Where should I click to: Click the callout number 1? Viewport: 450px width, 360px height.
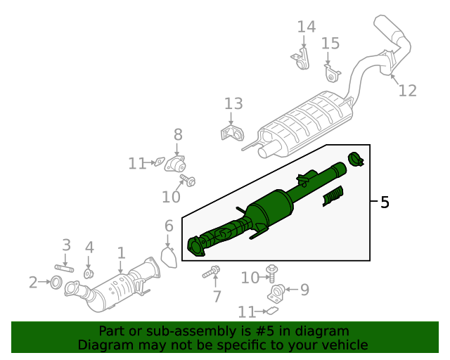click(121, 252)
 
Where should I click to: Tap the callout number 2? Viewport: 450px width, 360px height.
click(33, 283)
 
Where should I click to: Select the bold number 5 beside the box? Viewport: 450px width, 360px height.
click(384, 202)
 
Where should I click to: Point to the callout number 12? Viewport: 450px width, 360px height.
click(408, 90)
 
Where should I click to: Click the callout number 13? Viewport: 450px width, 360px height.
click(233, 104)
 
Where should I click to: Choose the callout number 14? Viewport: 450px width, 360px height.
click(307, 27)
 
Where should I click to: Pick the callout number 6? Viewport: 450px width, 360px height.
click(169, 226)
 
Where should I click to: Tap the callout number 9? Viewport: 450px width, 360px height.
click(304, 289)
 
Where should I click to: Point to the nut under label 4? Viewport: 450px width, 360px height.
click(89, 272)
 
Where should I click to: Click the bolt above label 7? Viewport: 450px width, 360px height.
click(211, 271)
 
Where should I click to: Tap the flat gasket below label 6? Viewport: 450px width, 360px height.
click(169, 256)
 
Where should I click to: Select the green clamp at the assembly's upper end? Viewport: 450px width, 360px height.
click(356, 160)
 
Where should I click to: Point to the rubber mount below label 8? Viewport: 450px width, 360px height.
click(176, 166)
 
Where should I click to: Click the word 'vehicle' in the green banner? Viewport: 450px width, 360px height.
click(343, 345)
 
